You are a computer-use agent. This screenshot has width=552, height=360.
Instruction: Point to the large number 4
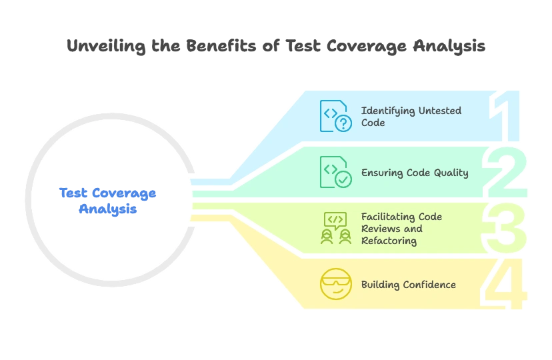(x=508, y=285)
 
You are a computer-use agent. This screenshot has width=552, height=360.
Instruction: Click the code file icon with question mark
(x=335, y=115)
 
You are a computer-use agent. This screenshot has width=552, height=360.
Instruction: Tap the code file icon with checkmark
(x=335, y=172)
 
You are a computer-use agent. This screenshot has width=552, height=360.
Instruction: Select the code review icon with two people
(x=335, y=228)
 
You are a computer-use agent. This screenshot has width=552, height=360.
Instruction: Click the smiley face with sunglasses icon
(x=335, y=285)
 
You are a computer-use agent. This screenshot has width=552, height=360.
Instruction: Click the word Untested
(x=439, y=111)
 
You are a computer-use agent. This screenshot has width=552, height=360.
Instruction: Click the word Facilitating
(x=387, y=217)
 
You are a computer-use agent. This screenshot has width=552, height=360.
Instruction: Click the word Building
(x=381, y=285)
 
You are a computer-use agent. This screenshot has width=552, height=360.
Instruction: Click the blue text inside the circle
(x=108, y=201)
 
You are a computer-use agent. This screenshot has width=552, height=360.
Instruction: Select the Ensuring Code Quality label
(x=415, y=173)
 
